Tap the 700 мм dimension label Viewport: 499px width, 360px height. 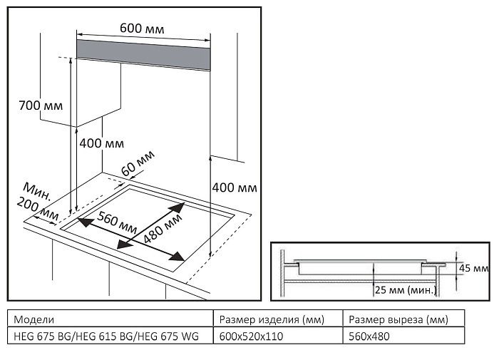[41, 106]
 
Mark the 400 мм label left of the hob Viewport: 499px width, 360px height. [101, 143]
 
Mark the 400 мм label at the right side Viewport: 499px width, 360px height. [235, 187]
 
